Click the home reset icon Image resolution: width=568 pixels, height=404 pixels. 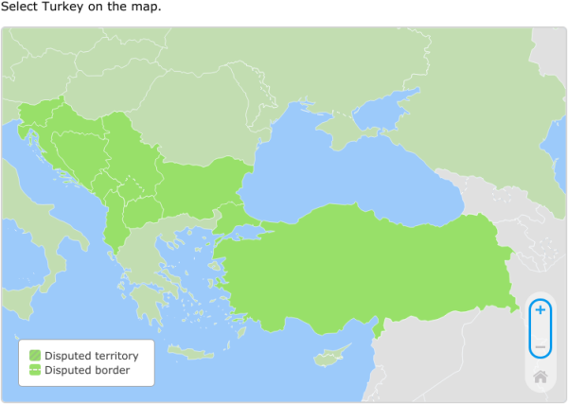click(x=540, y=377)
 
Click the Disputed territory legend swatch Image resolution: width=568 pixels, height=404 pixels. click(x=35, y=356)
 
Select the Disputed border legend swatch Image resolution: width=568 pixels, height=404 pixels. click(x=35, y=370)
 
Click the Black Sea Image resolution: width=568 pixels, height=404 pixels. click(x=350, y=180)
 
